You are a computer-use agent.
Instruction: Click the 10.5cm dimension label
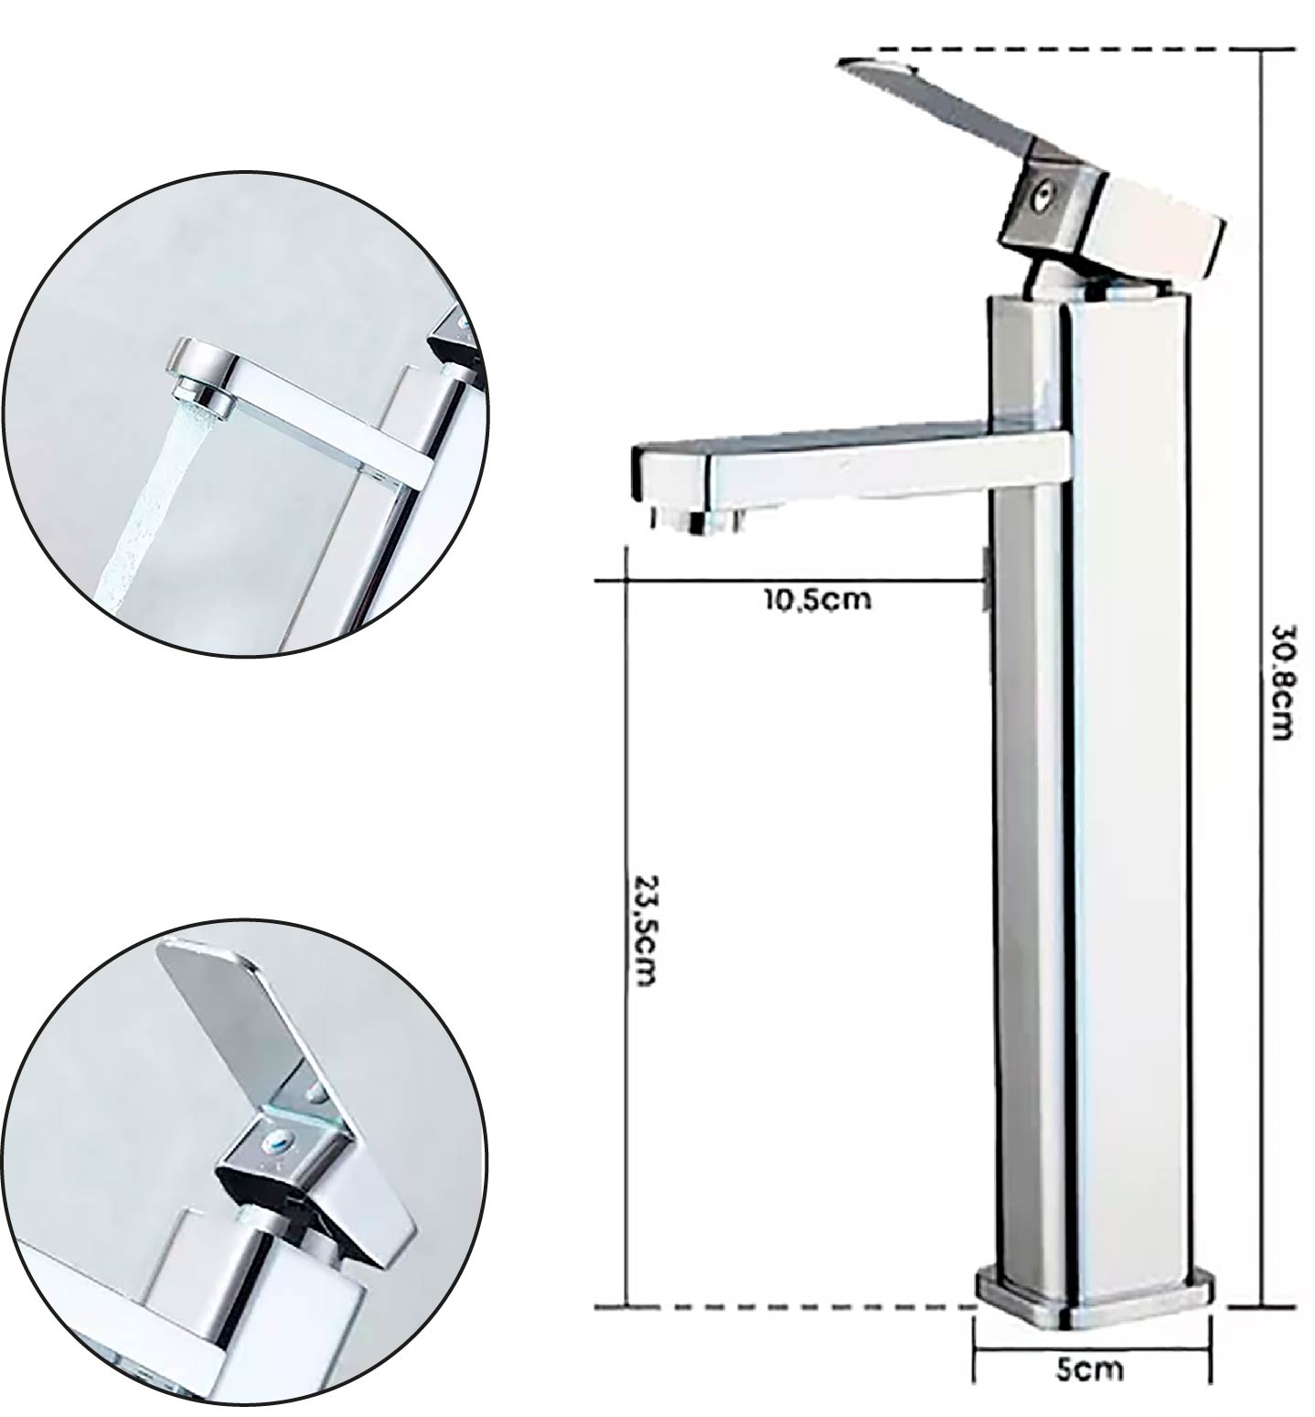[818, 600]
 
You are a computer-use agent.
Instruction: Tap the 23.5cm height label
[644, 931]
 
